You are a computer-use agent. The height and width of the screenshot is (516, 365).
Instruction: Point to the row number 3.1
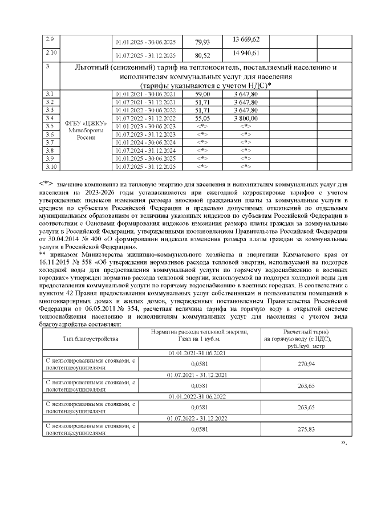[x=50, y=94]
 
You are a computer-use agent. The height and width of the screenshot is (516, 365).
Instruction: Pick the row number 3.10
[x=51, y=166]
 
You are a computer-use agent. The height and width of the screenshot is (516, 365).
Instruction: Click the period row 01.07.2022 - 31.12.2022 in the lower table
[x=197, y=419]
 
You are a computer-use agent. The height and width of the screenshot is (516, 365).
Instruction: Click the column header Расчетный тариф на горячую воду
[x=302, y=339]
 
